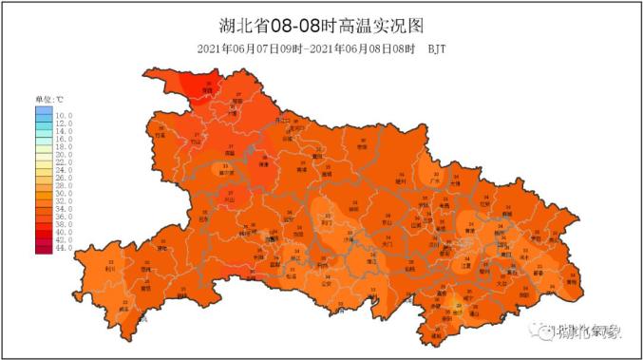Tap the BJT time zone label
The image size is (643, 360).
click(437, 47)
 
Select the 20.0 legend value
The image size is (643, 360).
click(64, 155)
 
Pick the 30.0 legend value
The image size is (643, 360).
click(64, 194)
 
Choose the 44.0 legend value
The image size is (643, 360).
click(64, 248)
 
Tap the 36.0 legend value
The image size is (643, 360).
click(64, 217)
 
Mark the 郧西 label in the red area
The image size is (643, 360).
click(204, 90)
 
